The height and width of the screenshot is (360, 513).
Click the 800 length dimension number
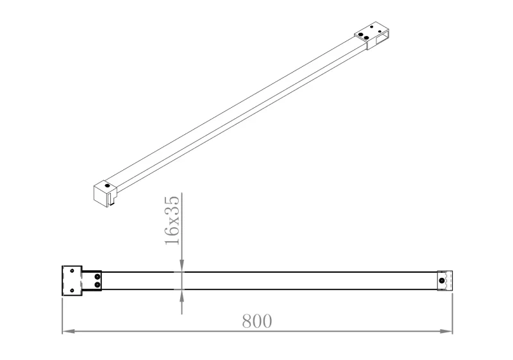pyautogui.click(x=257, y=321)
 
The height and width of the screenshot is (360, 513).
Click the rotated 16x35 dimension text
pyautogui.click(x=172, y=220)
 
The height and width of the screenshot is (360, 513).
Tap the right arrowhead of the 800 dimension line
pyautogui.click(x=446, y=331)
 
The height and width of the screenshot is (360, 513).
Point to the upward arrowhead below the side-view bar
pyautogui.click(x=182, y=296)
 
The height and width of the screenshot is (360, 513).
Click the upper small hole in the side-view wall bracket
pyautogui.click(x=72, y=271)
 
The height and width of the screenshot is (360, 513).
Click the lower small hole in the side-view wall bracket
pyautogui.click(x=72, y=290)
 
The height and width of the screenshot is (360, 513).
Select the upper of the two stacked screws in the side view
pyautogui.click(x=97, y=277)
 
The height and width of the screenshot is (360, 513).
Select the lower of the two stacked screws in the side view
pyautogui.click(x=97, y=285)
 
